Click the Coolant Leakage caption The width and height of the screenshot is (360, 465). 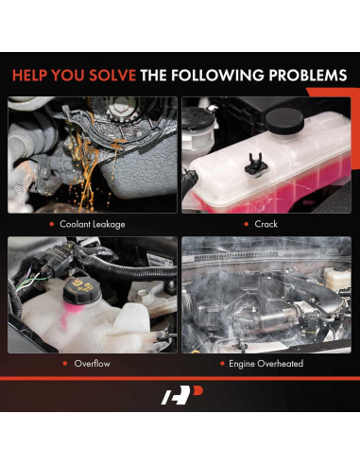click(x=92, y=224)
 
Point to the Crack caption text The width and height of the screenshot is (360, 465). click(x=266, y=224)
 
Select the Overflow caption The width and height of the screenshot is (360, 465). click(x=93, y=362)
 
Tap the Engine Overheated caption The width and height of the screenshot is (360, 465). click(x=266, y=362)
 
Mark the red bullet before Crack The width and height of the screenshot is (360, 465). click(x=245, y=224)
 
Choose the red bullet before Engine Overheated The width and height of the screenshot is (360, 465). click(x=222, y=362)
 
